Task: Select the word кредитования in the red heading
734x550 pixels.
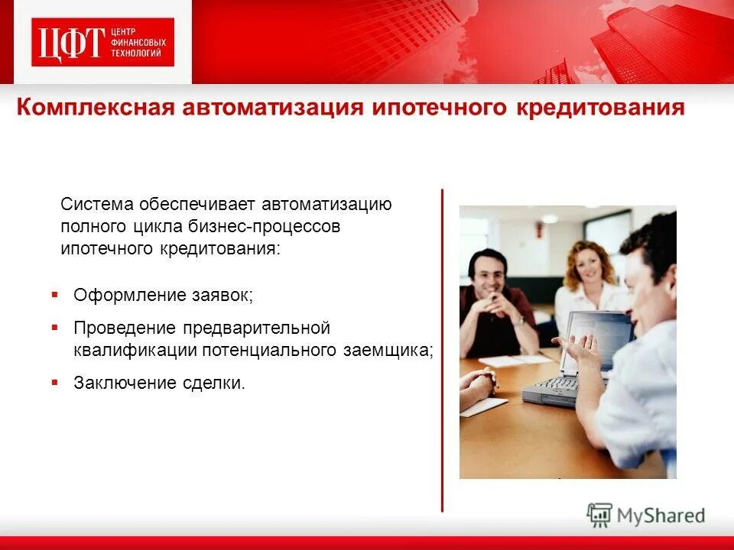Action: pos(602,108)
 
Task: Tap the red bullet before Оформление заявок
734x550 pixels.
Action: pos(55,293)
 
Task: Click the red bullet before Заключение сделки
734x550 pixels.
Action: pos(55,380)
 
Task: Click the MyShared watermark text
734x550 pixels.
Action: pos(661,515)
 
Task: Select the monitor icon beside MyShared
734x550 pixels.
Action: pos(600,515)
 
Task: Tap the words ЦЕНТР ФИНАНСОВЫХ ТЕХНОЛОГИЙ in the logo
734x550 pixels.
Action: pos(138,43)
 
